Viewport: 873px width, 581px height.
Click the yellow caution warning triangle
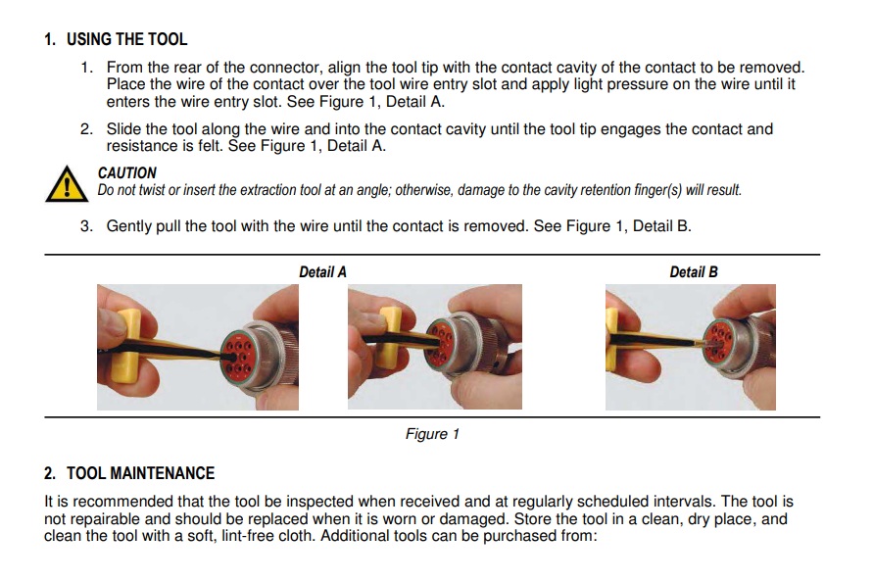tap(65, 183)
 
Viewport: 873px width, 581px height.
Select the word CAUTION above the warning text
tap(126, 172)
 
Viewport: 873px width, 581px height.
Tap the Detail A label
tap(322, 271)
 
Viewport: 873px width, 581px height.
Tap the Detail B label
tap(693, 271)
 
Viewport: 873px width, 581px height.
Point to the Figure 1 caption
tap(432, 434)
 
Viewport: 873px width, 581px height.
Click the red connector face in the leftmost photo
tap(242, 350)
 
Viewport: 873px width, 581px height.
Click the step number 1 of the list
tap(86, 68)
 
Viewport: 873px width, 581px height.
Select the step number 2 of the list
tap(86, 129)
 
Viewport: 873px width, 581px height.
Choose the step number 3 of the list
tap(86, 226)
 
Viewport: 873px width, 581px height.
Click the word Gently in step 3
tap(131, 226)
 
